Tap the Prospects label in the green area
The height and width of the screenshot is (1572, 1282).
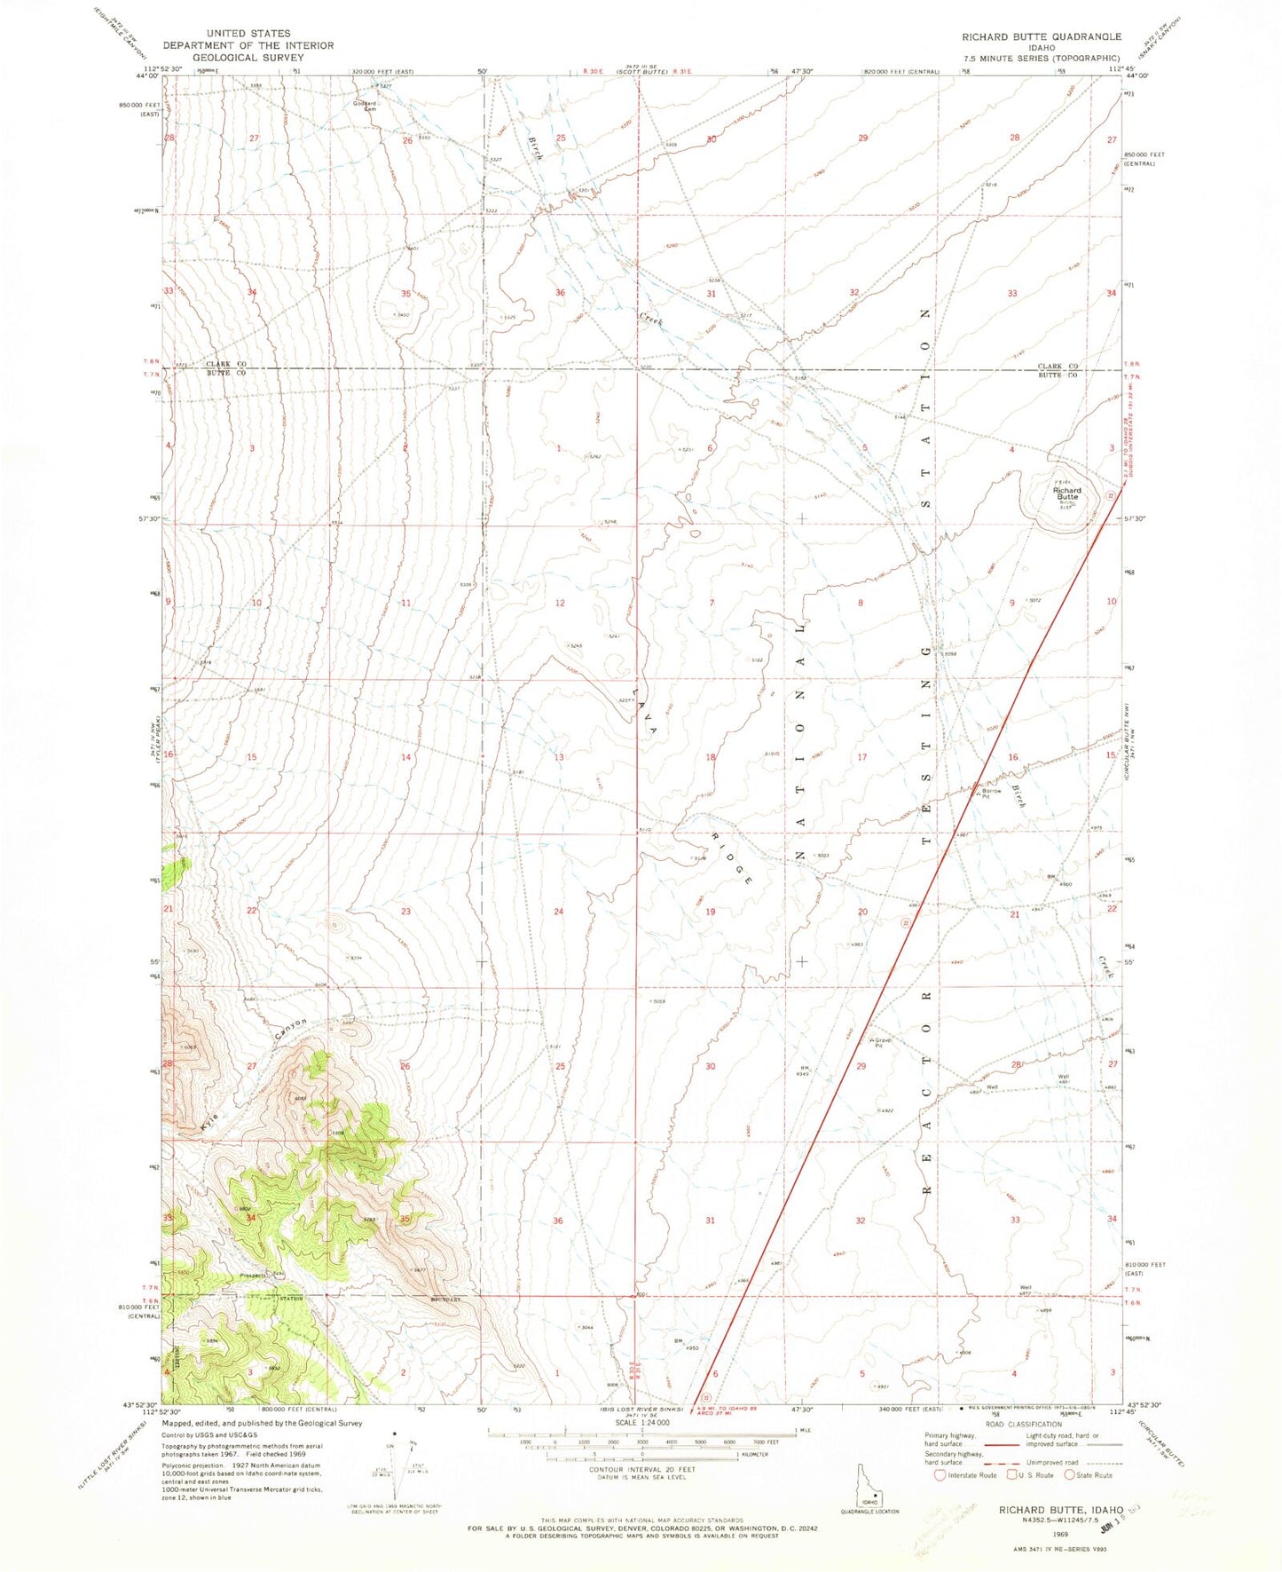pos(252,1276)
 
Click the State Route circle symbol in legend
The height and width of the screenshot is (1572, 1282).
pos(1069,1475)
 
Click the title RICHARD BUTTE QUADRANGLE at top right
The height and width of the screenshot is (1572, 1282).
pos(1042,36)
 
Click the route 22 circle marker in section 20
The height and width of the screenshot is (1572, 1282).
pos(906,923)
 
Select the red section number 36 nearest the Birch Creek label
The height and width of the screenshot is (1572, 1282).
pos(559,293)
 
